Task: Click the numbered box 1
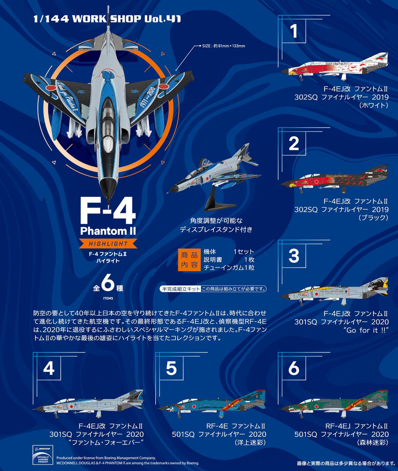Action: [294, 31]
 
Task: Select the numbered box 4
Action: [49, 369]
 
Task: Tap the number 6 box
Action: [294, 369]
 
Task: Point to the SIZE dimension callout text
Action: [223, 46]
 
